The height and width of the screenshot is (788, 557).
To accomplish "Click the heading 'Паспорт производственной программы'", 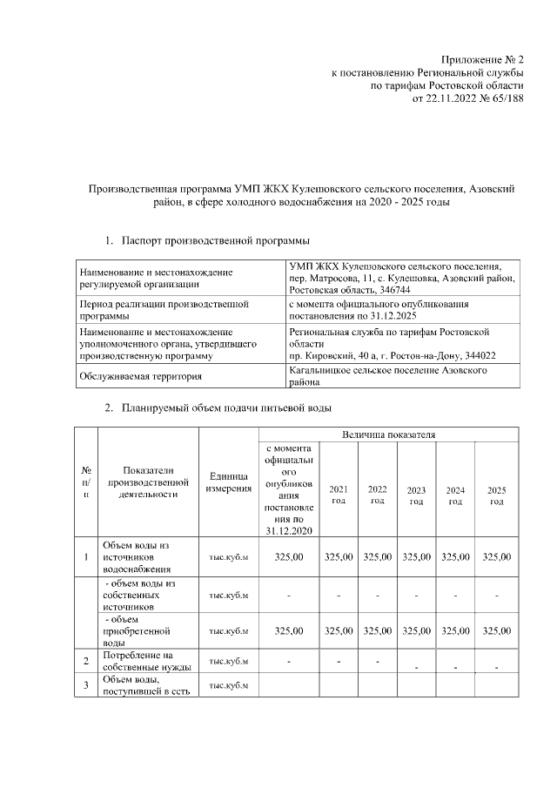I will tap(216, 239).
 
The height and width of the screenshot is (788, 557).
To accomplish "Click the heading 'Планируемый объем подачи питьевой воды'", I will tap(226, 407).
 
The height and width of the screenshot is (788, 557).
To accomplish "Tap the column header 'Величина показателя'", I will tap(389, 433).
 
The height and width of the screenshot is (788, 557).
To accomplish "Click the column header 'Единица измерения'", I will tap(229, 482).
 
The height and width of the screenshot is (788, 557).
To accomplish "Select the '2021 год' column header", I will tap(339, 495).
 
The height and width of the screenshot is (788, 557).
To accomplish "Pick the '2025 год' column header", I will tap(496, 495).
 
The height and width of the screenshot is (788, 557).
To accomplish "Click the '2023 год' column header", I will tap(416, 495).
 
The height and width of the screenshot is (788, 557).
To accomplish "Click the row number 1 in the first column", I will tap(85, 557).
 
